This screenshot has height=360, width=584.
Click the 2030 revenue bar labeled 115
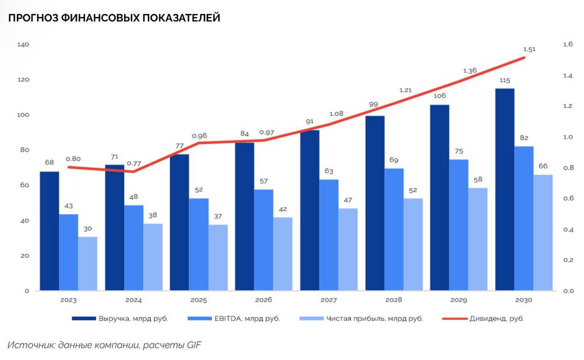[x=504, y=189]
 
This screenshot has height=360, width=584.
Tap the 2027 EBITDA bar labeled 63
[x=328, y=235]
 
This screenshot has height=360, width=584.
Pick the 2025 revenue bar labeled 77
[x=179, y=222]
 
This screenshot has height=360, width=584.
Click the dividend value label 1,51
[x=529, y=49]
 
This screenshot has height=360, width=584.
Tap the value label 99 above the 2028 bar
[x=374, y=105]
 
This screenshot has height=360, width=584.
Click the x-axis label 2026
[x=263, y=300]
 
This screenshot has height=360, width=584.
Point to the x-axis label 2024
[x=133, y=300]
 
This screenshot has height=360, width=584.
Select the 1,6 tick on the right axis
[x=568, y=44]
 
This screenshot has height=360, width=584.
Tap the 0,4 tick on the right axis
[x=568, y=229]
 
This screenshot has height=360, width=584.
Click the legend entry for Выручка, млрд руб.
[x=119, y=318]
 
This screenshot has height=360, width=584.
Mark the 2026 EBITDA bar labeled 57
[x=263, y=240]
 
